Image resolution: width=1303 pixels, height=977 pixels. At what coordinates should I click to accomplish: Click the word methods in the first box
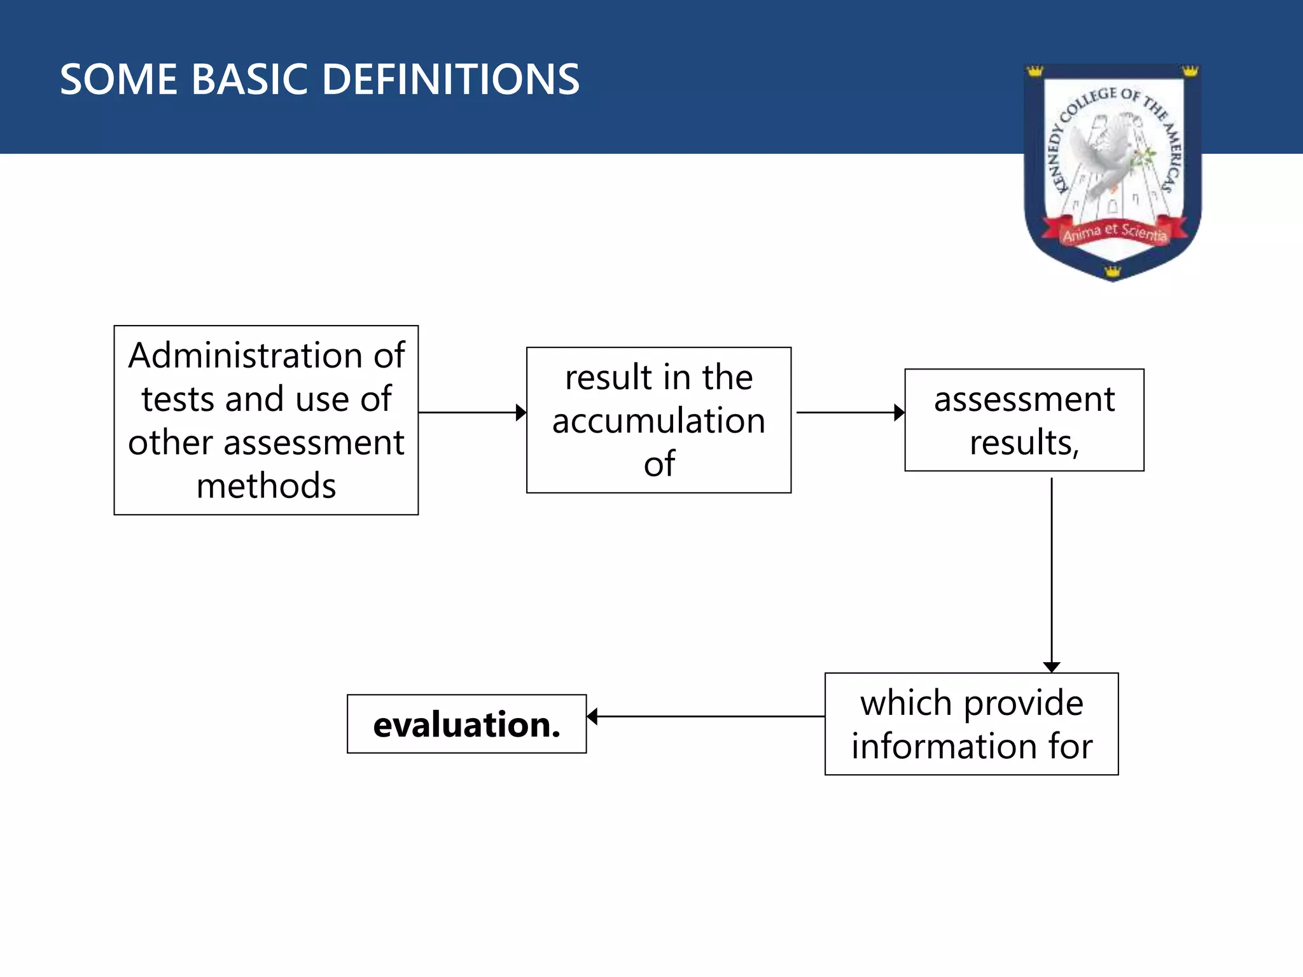(x=266, y=486)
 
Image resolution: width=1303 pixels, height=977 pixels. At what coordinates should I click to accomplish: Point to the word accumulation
(x=658, y=421)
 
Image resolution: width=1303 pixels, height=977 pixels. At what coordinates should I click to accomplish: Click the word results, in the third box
(x=1024, y=443)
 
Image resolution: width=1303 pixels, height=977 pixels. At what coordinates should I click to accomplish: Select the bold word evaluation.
(x=466, y=724)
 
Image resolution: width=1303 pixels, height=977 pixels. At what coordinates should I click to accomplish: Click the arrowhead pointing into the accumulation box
(x=521, y=412)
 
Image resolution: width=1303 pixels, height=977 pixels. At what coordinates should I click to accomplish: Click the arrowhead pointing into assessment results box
(x=899, y=412)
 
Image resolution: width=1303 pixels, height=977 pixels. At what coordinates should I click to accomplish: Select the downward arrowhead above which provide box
(x=1052, y=667)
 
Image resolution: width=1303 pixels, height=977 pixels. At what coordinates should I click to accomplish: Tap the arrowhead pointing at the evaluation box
(x=592, y=717)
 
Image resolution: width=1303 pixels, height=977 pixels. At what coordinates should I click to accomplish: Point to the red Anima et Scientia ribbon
(x=1115, y=232)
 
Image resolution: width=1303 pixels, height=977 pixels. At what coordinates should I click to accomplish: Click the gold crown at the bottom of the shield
(x=1112, y=272)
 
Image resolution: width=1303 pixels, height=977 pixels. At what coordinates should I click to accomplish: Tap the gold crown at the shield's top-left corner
(x=1035, y=71)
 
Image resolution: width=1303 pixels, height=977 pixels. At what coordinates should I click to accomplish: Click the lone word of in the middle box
(x=658, y=464)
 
